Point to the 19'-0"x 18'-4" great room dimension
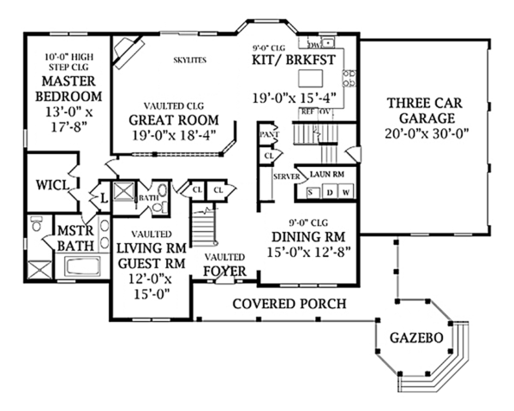[174, 134]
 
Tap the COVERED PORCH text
[290, 303]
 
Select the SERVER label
[284, 176]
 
